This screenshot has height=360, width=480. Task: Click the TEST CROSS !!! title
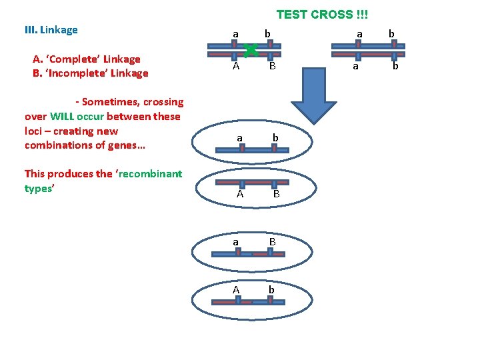pos(322,15)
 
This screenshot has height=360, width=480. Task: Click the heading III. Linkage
pos(51,30)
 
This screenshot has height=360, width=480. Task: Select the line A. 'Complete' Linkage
pos(87,59)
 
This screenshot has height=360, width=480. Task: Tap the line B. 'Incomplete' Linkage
pos(90,73)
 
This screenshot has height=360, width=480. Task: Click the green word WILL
pos(63,117)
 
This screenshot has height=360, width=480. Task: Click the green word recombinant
pos(151,174)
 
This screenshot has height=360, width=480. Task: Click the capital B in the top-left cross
pos(272,67)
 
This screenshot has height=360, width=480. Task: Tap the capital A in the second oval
pos(239,195)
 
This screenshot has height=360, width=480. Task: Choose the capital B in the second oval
pos(275,195)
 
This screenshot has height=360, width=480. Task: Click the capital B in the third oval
pos(273,241)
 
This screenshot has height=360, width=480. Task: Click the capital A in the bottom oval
pos(236,290)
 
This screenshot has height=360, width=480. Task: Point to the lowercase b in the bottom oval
pos(271,290)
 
